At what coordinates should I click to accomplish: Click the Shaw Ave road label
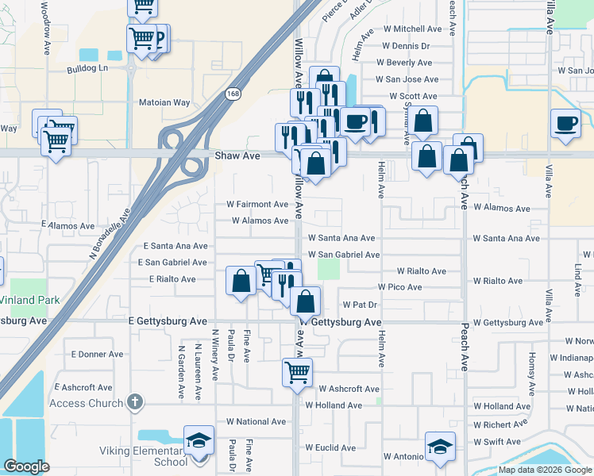[x=237, y=156]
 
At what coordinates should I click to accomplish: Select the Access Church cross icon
[x=135, y=402]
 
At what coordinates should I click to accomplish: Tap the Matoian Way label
[x=165, y=102]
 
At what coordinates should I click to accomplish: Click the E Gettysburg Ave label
[x=168, y=321]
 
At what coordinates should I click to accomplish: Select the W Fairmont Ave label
[x=257, y=204]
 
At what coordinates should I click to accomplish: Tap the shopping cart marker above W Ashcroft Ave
[x=297, y=370]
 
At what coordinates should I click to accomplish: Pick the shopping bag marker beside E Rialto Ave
[x=241, y=280]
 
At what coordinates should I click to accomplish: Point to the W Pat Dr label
[x=360, y=305]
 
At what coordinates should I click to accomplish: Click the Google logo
[x=26, y=466]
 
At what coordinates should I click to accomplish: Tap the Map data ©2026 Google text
[x=544, y=470]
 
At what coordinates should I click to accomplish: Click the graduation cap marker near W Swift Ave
[x=439, y=447]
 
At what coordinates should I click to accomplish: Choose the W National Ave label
[x=256, y=422]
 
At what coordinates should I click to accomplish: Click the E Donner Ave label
[x=97, y=354]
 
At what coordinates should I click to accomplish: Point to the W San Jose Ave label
[x=407, y=79]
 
